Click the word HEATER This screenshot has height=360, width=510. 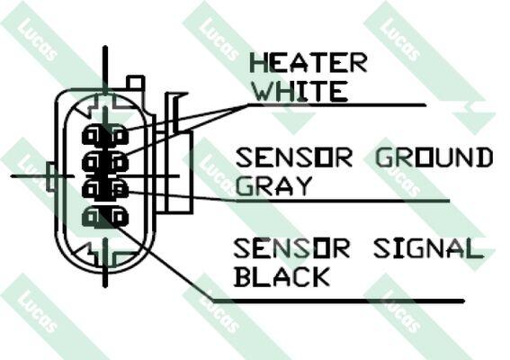click(x=309, y=63)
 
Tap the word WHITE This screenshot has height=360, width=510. click(x=300, y=91)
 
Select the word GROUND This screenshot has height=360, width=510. click(x=434, y=157)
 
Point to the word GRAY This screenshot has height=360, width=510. click(x=273, y=186)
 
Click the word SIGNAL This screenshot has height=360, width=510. click(x=428, y=248)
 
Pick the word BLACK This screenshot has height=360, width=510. click(x=282, y=276)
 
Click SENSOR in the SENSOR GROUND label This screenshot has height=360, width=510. click(x=293, y=157)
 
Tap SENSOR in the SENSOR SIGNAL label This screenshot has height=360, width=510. click(x=291, y=248)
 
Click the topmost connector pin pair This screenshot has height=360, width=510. click(x=104, y=135)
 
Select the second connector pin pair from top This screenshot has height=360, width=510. click(x=104, y=162)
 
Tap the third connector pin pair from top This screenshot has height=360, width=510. click(x=104, y=189)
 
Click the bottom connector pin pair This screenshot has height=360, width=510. click(x=104, y=217)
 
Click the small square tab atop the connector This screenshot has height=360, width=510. click(x=135, y=83)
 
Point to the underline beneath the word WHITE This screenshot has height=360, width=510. click(x=337, y=104)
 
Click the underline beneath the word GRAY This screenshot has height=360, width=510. click(x=343, y=201)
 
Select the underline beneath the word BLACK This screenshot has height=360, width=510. click(x=338, y=301)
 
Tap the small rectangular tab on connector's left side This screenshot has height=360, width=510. click(x=51, y=176)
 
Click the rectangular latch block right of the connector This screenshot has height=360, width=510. click(x=179, y=172)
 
